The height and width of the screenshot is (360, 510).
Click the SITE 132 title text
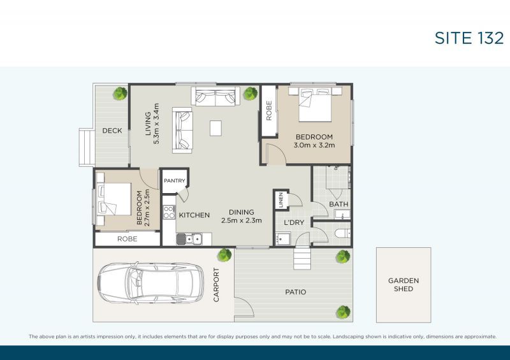tap(469, 38)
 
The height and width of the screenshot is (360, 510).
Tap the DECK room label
tap(112, 131)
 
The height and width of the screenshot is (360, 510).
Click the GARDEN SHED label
tap(404, 284)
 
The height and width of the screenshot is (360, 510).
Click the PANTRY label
tap(173, 181)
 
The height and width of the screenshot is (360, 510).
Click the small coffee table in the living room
tap(216, 128)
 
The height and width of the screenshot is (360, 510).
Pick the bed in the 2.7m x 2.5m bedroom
tap(115, 199)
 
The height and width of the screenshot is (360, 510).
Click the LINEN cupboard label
tap(280, 200)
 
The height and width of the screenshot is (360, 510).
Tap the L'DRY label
tap(293, 222)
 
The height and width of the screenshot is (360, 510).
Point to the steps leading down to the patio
tap(303, 258)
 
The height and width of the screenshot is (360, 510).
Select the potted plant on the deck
tap(119, 94)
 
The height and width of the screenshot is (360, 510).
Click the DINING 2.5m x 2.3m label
tap(237, 217)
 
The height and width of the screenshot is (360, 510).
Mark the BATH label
tap(339, 205)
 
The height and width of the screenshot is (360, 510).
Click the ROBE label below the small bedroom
tap(127, 240)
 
